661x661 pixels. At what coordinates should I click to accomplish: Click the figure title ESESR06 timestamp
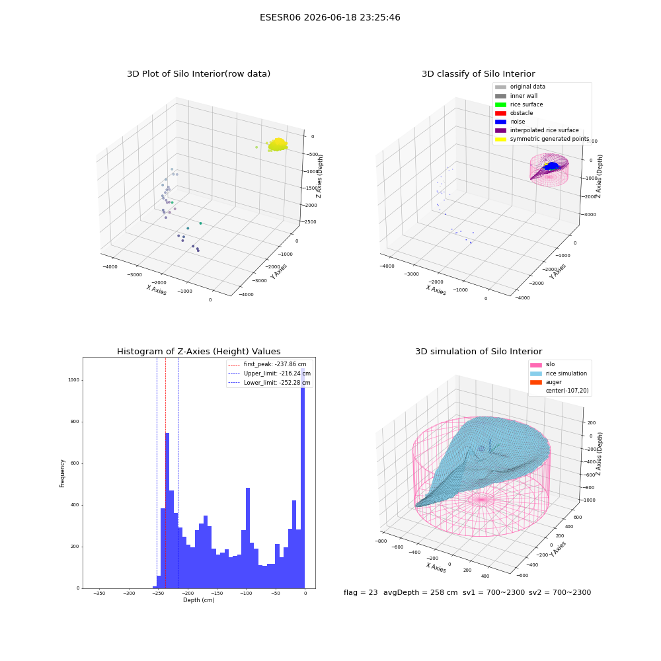coord(330,17)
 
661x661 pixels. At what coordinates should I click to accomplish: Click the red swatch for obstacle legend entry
coord(500,113)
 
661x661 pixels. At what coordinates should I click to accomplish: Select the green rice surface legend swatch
coord(500,104)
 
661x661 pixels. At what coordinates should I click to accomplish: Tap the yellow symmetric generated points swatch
coord(500,139)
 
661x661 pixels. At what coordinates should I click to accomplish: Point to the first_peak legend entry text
coord(275,364)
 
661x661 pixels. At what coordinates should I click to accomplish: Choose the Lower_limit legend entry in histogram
coord(277,383)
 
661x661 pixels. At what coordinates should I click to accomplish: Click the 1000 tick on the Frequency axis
coord(73,380)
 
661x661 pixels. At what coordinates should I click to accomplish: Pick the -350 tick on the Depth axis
coord(99,593)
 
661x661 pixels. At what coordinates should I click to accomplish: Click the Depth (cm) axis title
coord(198,600)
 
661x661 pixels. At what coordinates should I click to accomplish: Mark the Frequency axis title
coord(62,473)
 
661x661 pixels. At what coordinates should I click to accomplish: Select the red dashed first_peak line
coord(166,473)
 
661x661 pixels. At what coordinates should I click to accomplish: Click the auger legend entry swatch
coord(536,382)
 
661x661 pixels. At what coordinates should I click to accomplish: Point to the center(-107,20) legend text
coord(567,391)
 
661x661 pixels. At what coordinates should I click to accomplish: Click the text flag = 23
coord(360,592)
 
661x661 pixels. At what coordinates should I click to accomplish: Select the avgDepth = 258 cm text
coord(420,592)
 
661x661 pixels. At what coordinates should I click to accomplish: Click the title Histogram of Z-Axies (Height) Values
coord(198,351)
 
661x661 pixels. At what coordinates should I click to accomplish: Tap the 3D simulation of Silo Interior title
coord(479,351)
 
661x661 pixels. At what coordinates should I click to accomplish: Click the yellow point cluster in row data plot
coord(278,145)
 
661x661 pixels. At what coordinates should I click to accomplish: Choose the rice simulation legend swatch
coord(536,373)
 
